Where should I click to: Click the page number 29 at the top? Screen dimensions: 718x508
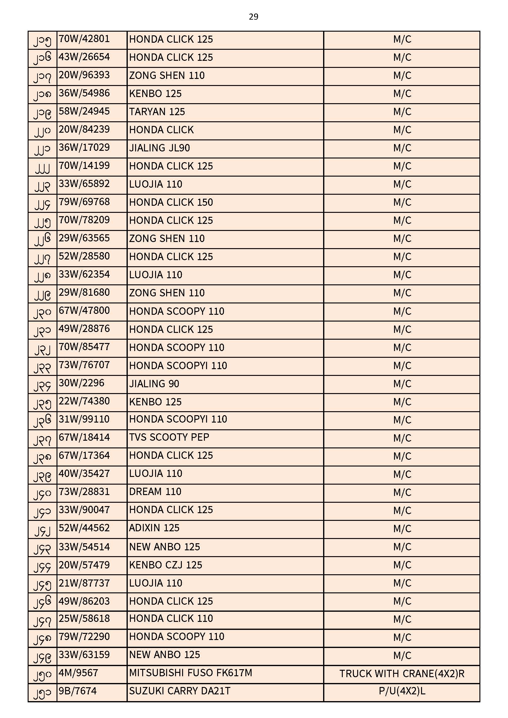(x=253, y=17)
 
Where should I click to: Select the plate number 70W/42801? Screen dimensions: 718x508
(x=84, y=39)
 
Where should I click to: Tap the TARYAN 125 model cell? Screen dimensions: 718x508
(x=157, y=112)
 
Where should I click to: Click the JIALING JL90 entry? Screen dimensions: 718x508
(x=159, y=148)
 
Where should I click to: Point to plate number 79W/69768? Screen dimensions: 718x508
(x=84, y=202)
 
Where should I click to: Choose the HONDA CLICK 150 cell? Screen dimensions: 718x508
(x=171, y=202)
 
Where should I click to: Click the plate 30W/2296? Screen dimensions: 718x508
(x=81, y=383)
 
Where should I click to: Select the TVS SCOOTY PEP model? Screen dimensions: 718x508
(x=169, y=438)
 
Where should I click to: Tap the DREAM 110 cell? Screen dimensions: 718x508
(x=155, y=492)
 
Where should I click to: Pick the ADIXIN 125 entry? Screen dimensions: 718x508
(x=154, y=528)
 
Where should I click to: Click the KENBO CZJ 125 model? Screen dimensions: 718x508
(x=166, y=565)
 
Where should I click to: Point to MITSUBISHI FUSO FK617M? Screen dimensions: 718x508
(x=190, y=673)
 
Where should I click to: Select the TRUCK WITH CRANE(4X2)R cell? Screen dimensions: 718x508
(x=402, y=673)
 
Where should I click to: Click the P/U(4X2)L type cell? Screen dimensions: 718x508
(x=402, y=691)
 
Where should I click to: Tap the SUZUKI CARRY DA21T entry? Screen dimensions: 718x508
(x=180, y=691)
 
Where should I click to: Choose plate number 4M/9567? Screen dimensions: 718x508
(x=79, y=673)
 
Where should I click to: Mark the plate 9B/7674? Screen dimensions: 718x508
(x=78, y=691)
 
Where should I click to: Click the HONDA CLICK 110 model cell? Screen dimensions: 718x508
(x=171, y=618)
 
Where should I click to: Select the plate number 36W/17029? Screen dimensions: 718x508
(x=84, y=148)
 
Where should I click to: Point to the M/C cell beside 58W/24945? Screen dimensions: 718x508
(x=402, y=112)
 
